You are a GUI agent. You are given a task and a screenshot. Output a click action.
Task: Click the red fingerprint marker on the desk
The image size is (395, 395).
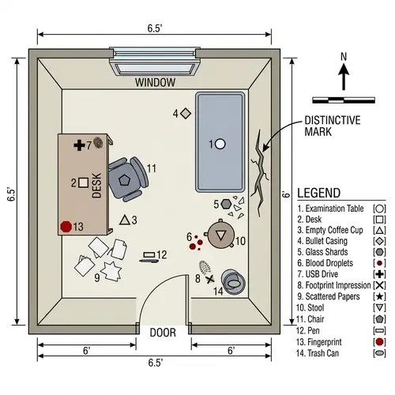tap(66, 226)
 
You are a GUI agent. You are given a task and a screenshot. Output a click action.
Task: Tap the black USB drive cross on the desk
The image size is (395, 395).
tap(79, 145)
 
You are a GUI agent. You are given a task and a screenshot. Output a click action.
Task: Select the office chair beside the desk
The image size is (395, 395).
tap(126, 179)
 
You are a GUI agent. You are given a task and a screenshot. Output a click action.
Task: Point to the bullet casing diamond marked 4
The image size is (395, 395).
tap(186, 114)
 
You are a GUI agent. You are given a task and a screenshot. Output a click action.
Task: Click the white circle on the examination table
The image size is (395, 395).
tap(220, 144)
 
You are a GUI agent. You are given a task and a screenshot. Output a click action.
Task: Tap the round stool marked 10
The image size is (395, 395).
tap(221, 235)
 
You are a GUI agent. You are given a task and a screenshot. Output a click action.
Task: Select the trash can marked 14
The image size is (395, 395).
tap(232, 280)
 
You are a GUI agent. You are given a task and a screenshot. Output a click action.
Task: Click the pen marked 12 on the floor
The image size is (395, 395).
tap(148, 255)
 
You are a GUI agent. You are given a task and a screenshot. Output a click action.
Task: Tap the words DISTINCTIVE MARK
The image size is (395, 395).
tap(333, 126)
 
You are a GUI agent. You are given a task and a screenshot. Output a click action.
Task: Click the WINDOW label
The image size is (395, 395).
tap(155, 82)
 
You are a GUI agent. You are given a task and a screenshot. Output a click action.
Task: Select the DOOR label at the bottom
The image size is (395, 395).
tap(163, 333)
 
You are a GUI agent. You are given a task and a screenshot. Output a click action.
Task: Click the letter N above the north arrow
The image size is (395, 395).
tap(344, 56)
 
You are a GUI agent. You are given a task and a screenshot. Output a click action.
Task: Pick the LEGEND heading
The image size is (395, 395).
tap(318, 193)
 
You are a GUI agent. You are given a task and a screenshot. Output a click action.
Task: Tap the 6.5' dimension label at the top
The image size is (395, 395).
tap(155, 28)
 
